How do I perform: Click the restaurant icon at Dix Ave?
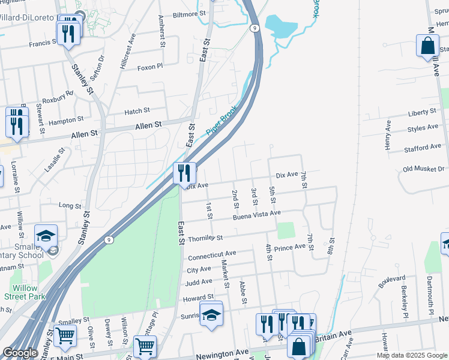(185, 173)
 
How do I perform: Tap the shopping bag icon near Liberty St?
(427, 46)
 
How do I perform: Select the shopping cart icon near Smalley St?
(65, 336)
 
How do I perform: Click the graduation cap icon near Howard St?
(211, 315)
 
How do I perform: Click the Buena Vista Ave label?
(257, 214)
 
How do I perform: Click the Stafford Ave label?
(423, 147)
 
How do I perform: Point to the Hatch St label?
(137, 111)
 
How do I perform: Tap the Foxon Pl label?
(149, 67)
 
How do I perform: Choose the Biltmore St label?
(189, 13)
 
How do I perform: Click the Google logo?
(20, 352)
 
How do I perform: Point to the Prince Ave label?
(290, 247)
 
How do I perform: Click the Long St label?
(70, 206)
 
